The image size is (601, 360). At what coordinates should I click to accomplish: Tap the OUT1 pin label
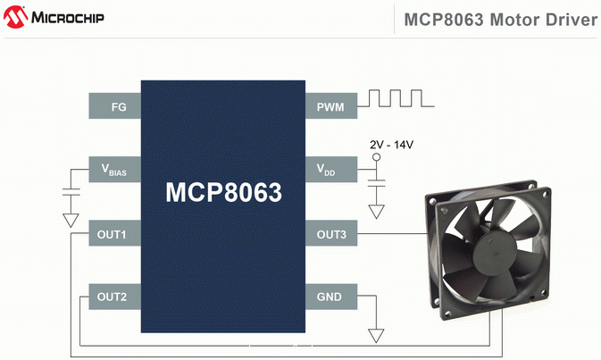click(113, 236)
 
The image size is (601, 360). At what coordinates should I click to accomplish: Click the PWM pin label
click(330, 107)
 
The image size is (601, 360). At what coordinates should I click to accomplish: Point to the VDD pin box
click(330, 168)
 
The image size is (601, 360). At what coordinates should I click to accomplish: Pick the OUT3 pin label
click(331, 236)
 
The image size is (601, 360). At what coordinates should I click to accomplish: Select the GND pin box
click(330, 297)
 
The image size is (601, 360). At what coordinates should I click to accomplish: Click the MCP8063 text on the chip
click(223, 192)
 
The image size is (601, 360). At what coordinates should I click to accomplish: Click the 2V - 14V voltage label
click(391, 144)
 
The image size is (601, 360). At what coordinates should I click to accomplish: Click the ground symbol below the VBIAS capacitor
click(71, 219)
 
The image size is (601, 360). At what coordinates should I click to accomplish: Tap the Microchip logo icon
click(15, 18)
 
